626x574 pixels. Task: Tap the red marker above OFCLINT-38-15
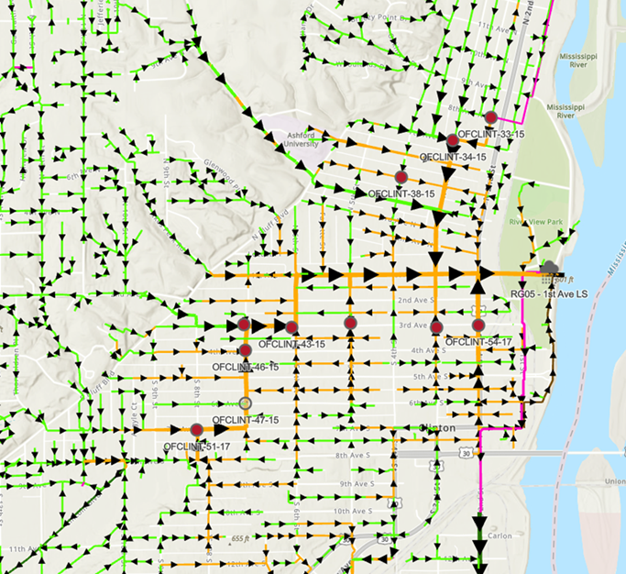click(x=401, y=177)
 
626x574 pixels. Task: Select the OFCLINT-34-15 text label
click(x=453, y=158)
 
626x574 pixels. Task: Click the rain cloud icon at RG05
click(x=550, y=268)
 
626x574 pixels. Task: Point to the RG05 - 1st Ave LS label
click(x=548, y=295)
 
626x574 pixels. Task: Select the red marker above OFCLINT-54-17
click(x=478, y=325)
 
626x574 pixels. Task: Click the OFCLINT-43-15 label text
click(x=291, y=345)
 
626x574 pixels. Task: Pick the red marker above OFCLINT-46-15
click(x=246, y=350)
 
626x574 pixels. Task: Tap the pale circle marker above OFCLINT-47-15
click(x=245, y=403)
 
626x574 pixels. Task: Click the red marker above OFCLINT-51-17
click(x=197, y=429)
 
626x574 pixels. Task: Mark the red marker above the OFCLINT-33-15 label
click(x=491, y=117)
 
